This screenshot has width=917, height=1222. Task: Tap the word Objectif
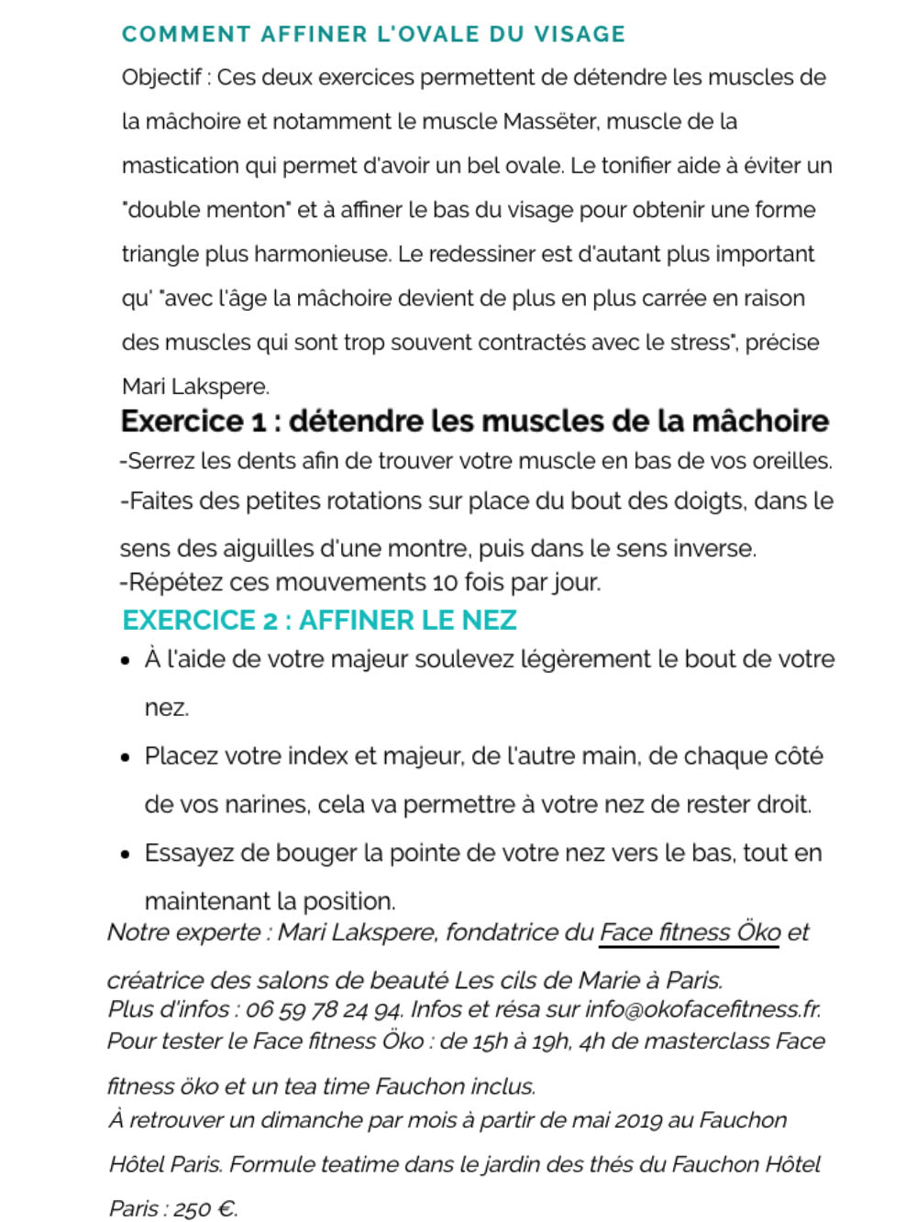[161, 78]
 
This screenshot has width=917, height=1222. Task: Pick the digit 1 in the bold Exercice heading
[260, 423]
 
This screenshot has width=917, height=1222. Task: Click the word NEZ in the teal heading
[489, 621]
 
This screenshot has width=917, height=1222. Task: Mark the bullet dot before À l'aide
[126, 661]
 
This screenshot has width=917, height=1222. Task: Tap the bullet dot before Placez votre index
[126, 758]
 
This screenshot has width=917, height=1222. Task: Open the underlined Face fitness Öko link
[689, 933]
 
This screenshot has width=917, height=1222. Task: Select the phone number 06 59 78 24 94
[324, 1010]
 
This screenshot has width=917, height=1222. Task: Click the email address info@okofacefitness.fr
[702, 1010]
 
